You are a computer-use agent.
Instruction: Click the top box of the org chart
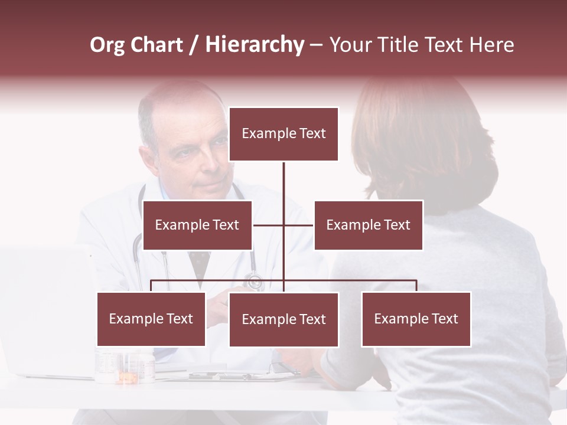[283, 134]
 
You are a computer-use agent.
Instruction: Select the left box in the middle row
[197, 225]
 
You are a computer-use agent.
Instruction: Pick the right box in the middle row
[368, 225]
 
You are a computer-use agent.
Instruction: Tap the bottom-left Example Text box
[151, 319]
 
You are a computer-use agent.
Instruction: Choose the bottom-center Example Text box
[283, 319]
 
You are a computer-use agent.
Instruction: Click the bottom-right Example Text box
[416, 319]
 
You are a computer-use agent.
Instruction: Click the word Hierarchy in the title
[255, 45]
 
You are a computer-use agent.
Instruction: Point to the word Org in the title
[107, 45]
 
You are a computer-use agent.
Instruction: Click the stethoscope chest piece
[255, 282]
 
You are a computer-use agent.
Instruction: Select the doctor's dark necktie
[200, 263]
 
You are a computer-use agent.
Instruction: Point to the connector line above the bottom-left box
[151, 286]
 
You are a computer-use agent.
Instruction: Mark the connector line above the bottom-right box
[416, 286]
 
